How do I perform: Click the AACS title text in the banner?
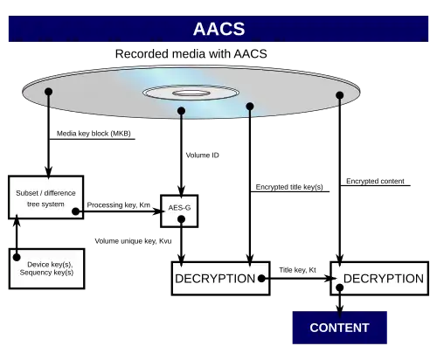218,29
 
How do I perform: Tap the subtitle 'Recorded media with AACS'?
191,54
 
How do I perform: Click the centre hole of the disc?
191,93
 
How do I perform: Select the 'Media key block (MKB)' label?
94,134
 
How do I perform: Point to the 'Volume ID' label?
203,156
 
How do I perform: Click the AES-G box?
179,211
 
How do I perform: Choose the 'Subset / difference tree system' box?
46,197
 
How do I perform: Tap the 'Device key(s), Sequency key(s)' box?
46,268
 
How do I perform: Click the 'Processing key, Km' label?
119,205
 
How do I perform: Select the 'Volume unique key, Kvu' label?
133,241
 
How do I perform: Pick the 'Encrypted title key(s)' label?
289,187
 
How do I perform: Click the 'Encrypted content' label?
375,181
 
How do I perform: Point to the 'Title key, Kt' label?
297,270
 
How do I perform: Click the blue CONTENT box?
340,328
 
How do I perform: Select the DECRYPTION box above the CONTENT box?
379,279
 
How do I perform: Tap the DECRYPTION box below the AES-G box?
220,279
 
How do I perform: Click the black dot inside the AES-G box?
181,219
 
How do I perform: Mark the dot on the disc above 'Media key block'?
49,92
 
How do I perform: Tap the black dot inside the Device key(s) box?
17,257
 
